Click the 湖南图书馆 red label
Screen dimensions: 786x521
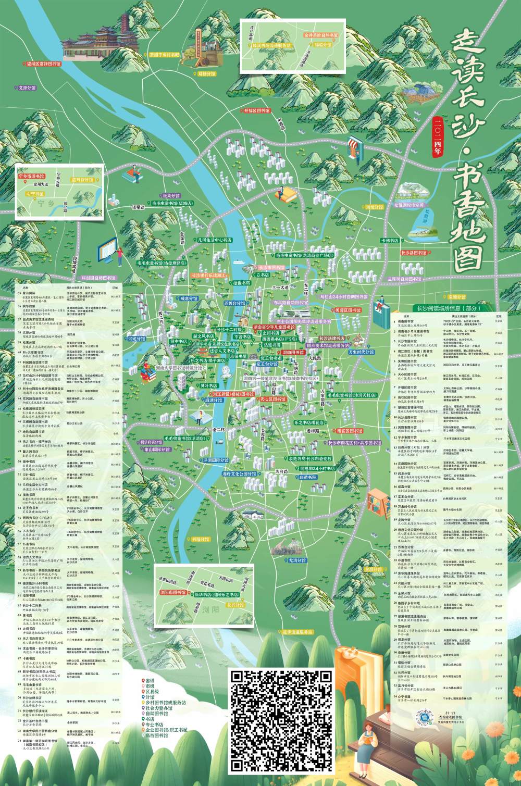[293, 353]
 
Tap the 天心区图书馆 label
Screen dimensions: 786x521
[273, 400]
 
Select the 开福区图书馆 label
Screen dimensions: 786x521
[257, 110]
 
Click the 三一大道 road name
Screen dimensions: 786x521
[280, 288]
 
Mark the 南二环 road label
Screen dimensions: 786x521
[218, 430]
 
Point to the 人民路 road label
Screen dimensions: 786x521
[314, 359]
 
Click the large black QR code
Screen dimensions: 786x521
[281, 721]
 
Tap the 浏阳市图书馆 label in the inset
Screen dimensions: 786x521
[173, 593]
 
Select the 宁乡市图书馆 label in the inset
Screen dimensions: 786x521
[33, 177]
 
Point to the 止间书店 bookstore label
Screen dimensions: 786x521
[270, 333]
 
